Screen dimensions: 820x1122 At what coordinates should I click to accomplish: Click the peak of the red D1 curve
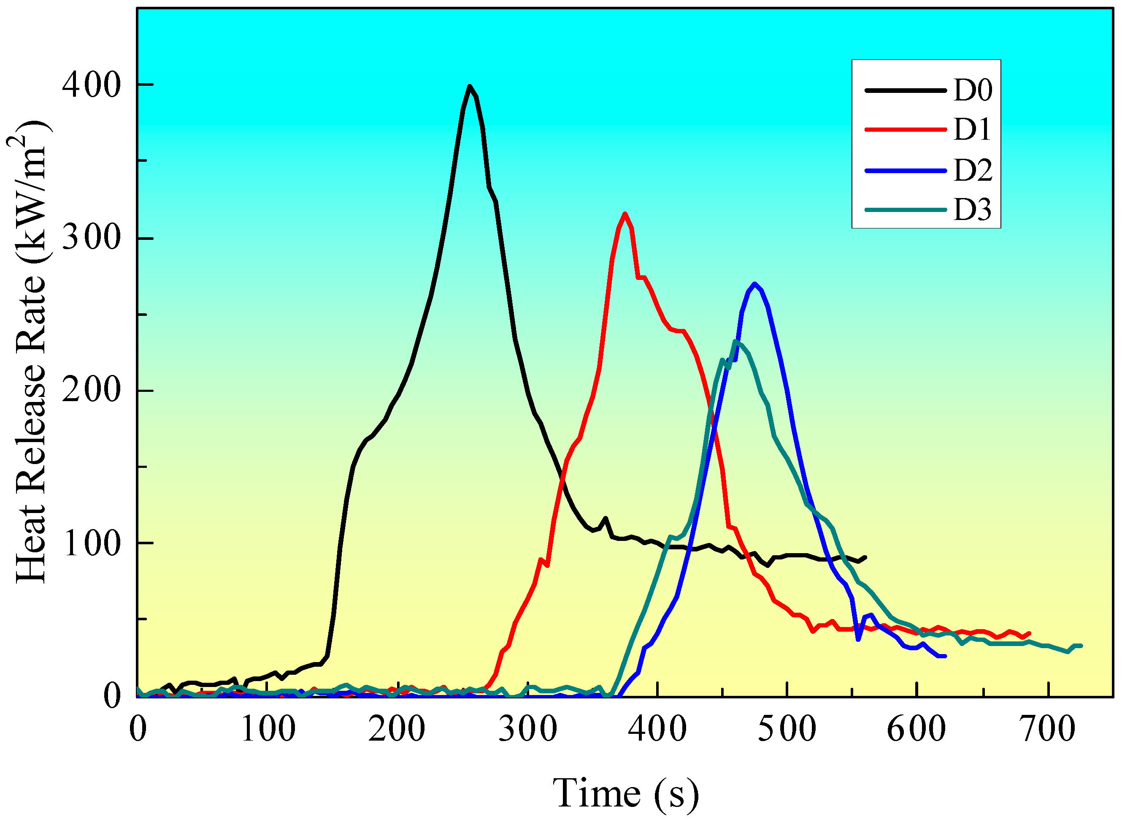pos(625,214)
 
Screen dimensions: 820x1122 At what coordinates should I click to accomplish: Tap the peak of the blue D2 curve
pos(755,284)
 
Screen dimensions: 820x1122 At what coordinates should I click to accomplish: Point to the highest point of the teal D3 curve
pos(735,342)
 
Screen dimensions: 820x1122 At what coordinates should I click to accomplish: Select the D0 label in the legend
pos(973,90)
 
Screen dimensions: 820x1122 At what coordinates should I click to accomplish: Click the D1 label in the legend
pos(972,130)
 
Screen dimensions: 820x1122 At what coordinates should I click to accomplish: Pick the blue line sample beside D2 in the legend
pos(906,171)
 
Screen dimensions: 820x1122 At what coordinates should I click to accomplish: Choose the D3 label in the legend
pos(972,209)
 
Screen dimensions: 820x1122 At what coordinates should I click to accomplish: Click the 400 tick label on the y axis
pos(91,85)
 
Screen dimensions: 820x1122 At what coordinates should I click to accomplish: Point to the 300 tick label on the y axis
pos(91,238)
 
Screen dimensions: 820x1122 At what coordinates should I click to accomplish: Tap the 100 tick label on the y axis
pos(91,543)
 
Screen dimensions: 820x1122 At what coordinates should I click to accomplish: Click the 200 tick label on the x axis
pos(397,729)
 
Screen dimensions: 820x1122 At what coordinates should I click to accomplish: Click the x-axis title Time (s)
pos(626,793)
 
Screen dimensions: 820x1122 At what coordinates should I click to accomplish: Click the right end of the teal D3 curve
pos(1081,646)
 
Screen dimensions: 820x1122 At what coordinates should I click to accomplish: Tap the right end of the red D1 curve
pos(1030,633)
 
